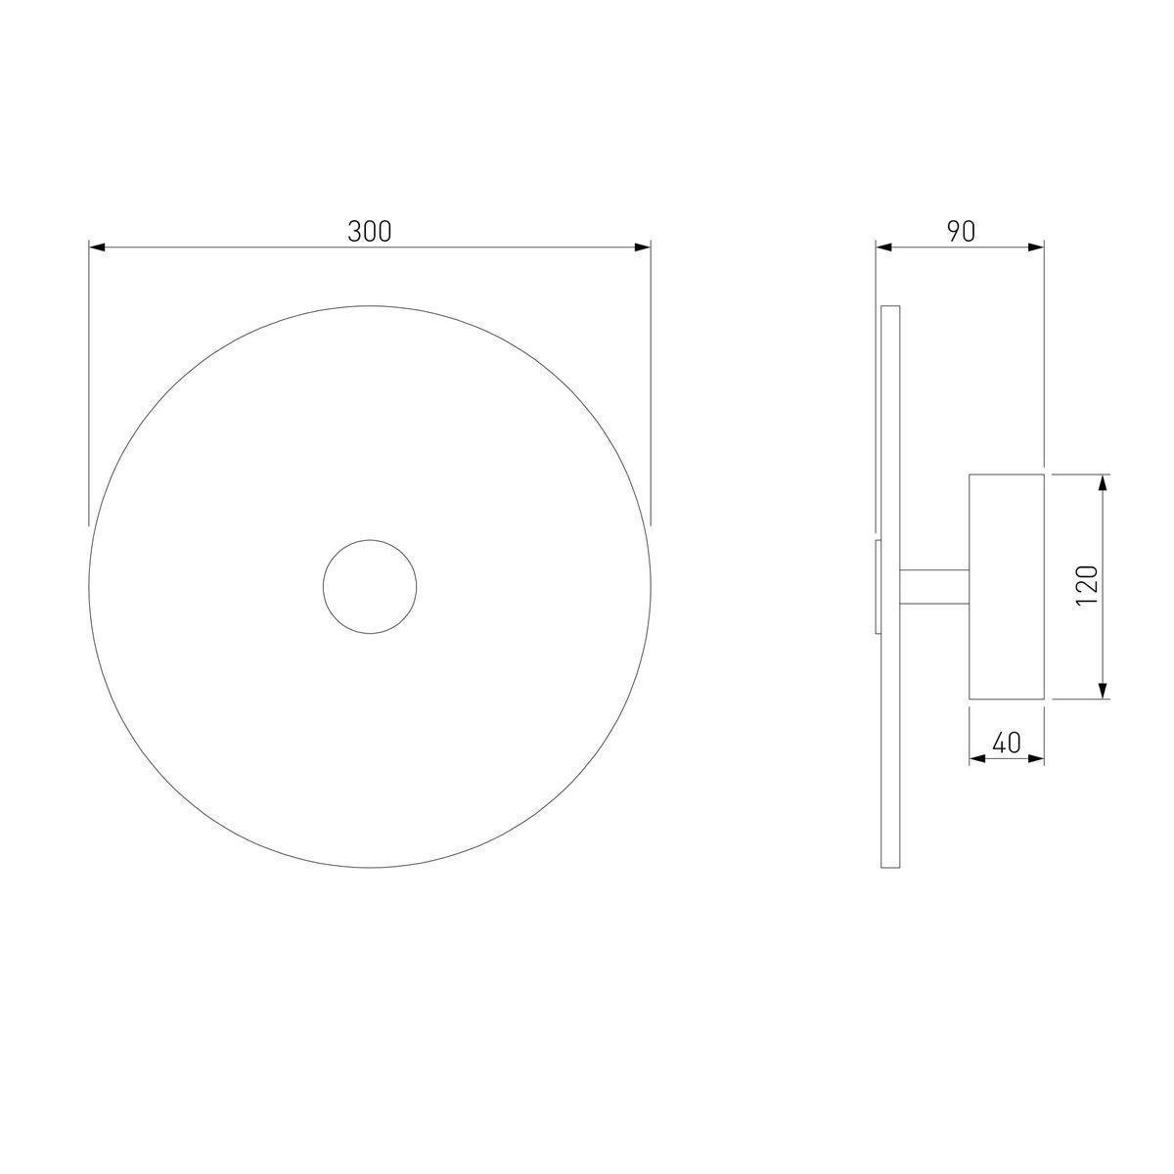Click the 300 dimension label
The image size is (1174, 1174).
pyautogui.click(x=369, y=232)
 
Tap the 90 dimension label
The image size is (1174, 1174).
pyautogui.click(x=961, y=232)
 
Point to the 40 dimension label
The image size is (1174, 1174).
pyautogui.click(x=1007, y=743)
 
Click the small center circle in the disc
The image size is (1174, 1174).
pyautogui.click(x=370, y=540)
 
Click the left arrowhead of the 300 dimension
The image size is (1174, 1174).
pyautogui.click(x=98, y=248)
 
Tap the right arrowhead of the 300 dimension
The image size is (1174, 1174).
pyautogui.click(x=642, y=248)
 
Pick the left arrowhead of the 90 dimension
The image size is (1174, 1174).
pyautogui.click(x=884, y=248)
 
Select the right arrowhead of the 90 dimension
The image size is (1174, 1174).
pyautogui.click(x=1036, y=248)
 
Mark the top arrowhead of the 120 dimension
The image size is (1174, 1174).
pyautogui.click(x=1102, y=483)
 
